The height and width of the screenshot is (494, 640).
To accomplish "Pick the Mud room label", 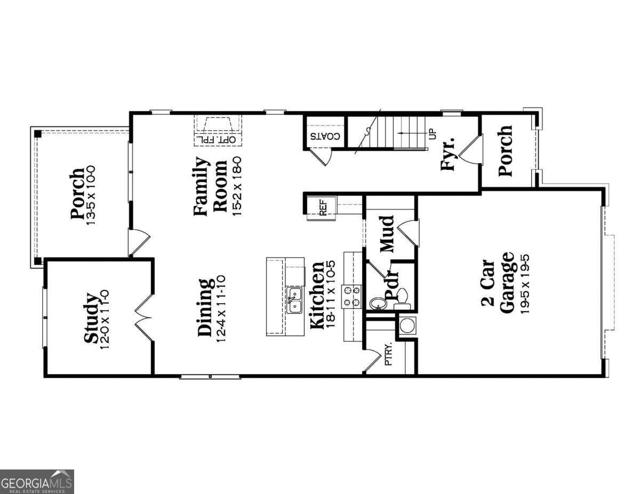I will pyautogui.click(x=387, y=234).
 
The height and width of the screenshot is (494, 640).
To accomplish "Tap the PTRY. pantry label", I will pyautogui.click(x=388, y=354).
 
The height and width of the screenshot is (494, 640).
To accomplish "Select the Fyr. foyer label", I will pyautogui.click(x=447, y=154).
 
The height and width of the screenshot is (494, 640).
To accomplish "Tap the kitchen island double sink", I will pyautogui.click(x=294, y=300).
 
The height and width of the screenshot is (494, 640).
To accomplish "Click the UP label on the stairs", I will pyautogui.click(x=432, y=132).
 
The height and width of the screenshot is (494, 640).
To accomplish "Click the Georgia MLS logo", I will pyautogui.click(x=37, y=482).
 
